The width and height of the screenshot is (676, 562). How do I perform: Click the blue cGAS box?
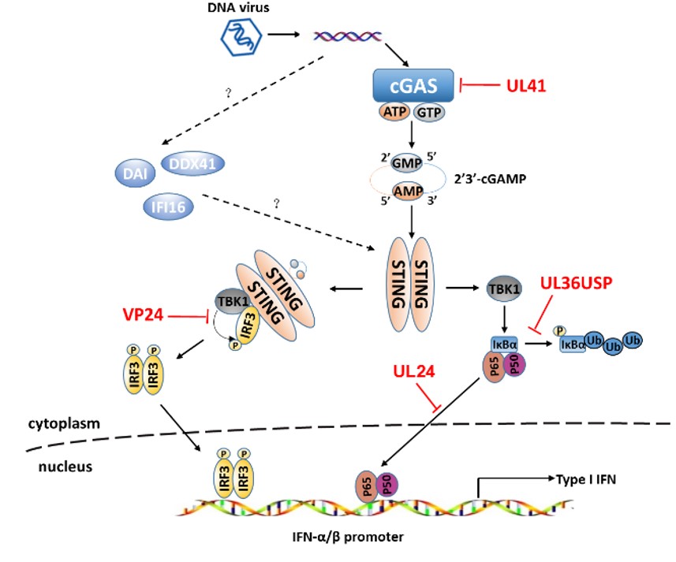(413, 85)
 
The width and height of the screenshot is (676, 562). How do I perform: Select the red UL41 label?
(526, 86)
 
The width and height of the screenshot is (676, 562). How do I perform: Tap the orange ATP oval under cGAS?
(395, 112)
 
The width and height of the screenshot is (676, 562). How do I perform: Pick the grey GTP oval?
(429, 113)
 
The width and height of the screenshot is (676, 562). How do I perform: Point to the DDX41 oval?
(192, 164)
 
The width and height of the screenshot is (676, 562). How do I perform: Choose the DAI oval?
(135, 173)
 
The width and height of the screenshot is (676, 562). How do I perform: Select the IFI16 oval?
(168, 207)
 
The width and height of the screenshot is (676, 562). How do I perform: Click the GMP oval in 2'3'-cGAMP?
(406, 163)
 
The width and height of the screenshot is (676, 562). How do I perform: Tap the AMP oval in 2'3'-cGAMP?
(408, 191)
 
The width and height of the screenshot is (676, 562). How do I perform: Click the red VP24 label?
(143, 314)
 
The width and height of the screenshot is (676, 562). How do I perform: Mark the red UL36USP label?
(577, 283)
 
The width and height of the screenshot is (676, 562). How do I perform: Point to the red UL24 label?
(414, 371)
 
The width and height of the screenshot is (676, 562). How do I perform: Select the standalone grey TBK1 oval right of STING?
(504, 288)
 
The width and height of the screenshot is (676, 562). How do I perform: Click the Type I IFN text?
(586, 479)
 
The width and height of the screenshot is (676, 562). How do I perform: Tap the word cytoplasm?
(64, 424)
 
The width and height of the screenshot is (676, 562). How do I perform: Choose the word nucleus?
(65, 467)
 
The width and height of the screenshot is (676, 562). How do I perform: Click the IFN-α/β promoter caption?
(348, 537)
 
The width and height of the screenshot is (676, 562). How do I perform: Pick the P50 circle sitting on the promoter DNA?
(387, 485)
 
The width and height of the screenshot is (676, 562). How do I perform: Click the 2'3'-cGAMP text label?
(490, 179)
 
